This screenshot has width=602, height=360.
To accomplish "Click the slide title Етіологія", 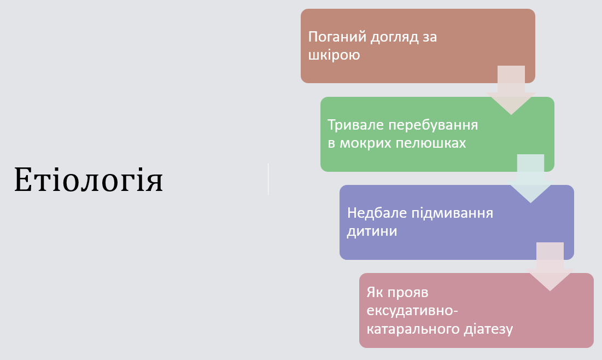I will click(x=89, y=179).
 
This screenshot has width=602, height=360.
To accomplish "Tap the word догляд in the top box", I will click(x=392, y=37).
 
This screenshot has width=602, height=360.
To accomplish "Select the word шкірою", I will click(x=334, y=55).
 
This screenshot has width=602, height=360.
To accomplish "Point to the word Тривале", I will click(x=355, y=125).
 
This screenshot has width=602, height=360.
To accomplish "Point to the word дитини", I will click(x=372, y=231).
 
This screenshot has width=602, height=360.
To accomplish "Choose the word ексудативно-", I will click(x=412, y=311).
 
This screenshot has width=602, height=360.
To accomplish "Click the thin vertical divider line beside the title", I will click(x=268, y=179).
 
